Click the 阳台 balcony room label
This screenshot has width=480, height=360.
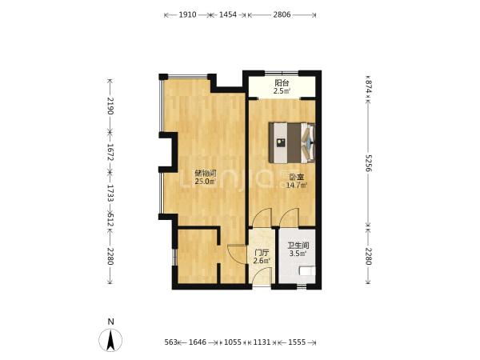[x=282, y=82]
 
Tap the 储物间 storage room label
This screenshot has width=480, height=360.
[x=206, y=174]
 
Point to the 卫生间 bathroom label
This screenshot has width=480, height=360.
[x=298, y=246]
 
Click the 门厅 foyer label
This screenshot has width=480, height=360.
[x=262, y=253]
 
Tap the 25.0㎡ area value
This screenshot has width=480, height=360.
[x=205, y=182]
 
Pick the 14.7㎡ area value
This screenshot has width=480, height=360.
[x=296, y=186]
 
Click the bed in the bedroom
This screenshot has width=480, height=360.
[x=292, y=142]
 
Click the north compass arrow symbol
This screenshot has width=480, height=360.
[x=110, y=340]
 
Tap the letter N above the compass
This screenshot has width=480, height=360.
[x=111, y=322]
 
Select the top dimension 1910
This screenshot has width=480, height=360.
[x=187, y=14]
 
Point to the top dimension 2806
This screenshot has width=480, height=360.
[x=282, y=14]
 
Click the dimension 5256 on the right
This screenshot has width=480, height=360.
[x=368, y=163]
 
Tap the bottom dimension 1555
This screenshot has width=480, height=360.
[x=297, y=342]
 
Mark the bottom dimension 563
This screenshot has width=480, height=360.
[x=171, y=342]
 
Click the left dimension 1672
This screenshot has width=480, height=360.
[x=110, y=153]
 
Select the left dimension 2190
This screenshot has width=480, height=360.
[x=110, y=106]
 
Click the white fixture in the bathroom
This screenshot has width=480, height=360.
[x=307, y=271]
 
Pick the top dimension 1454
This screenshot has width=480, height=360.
[x=228, y=14]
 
